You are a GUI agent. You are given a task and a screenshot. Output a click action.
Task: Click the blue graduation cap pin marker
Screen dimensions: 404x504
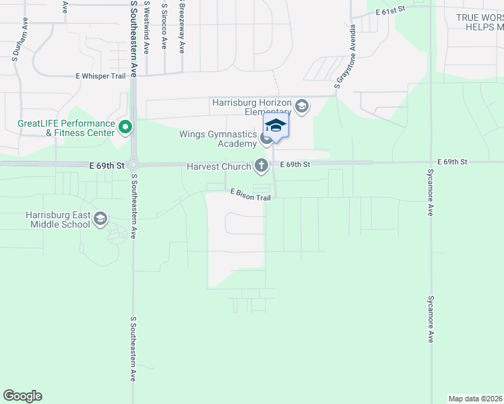(275, 125)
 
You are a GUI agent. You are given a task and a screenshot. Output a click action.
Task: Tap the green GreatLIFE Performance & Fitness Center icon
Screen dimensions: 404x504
(125, 127)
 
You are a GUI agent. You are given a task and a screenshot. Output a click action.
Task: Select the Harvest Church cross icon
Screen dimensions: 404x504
(261, 164)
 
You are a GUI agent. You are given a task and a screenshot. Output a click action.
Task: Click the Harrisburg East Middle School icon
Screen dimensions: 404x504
(100, 218)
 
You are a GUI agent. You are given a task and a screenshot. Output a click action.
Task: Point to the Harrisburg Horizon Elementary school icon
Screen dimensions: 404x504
(301, 106)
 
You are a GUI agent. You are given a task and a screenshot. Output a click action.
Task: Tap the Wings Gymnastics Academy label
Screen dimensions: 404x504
(218, 139)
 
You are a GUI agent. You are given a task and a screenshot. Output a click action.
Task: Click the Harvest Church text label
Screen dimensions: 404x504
(219, 165)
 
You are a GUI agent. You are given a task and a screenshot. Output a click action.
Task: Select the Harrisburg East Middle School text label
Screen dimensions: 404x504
(57, 219)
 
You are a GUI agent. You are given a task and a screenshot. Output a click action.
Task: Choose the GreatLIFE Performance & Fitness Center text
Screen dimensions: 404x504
(66, 128)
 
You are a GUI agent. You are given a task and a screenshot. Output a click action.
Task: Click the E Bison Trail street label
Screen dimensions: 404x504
(250, 195)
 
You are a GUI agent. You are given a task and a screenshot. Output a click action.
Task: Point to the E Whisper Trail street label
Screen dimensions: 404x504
(101, 76)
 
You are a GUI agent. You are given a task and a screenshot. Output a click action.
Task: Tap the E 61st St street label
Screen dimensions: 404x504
(393, 10)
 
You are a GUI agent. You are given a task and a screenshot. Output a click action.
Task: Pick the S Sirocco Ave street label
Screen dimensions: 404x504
(164, 26)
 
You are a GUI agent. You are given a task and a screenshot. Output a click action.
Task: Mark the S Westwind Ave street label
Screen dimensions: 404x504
(148, 26)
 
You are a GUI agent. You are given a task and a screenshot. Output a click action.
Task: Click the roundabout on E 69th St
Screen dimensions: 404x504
(134, 164)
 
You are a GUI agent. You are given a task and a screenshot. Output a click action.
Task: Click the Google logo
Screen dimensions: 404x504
(22, 396)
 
